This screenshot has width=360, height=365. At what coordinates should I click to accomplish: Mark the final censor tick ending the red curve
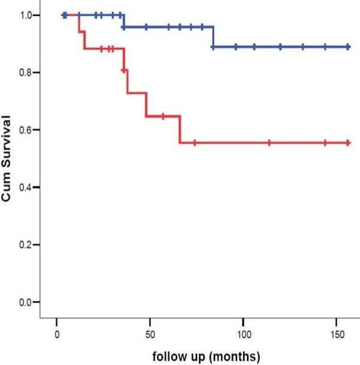tap(348, 143)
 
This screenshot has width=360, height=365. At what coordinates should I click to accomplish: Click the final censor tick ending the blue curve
tap(348, 47)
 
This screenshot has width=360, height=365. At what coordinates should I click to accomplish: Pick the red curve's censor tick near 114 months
tap(269, 143)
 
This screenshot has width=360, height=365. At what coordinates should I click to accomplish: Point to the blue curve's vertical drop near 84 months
tap(213, 37)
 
